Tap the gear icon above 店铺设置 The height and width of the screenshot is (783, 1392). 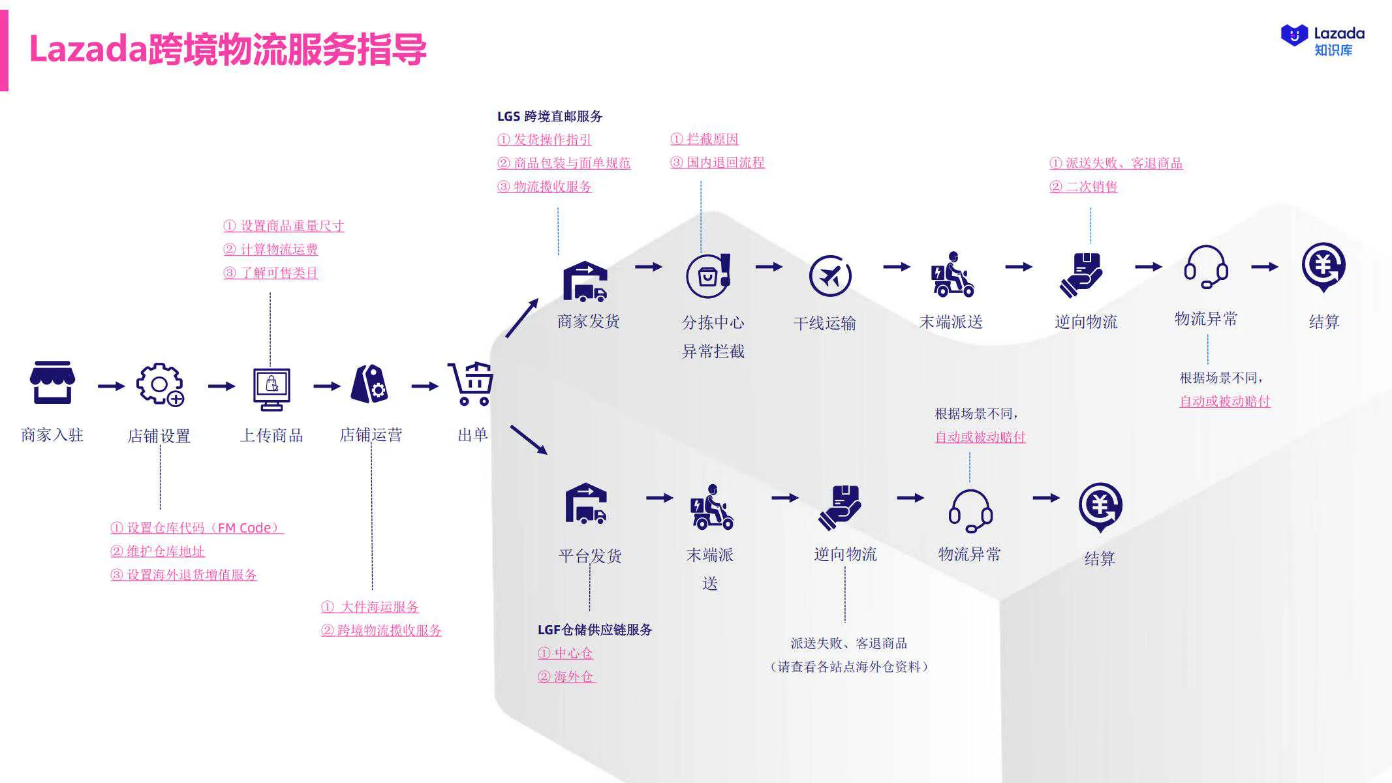click(x=159, y=384)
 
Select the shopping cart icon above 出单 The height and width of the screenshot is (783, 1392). click(x=471, y=384)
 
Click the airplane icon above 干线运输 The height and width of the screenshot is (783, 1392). click(x=829, y=276)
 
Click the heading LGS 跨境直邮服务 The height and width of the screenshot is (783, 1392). click(x=549, y=116)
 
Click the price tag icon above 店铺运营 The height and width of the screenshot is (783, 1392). click(x=369, y=384)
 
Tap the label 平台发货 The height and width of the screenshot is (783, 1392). click(x=590, y=556)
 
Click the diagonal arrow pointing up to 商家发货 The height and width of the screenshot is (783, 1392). click(x=522, y=318)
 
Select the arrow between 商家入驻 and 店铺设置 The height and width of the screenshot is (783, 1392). click(x=111, y=386)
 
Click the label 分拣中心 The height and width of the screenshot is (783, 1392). click(x=713, y=322)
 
